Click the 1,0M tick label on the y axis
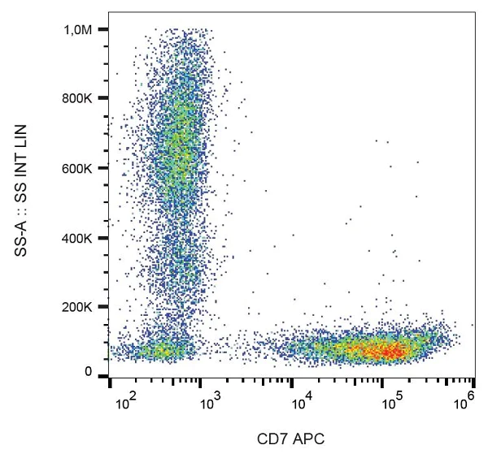[83, 29]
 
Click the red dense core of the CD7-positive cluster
[382, 351]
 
